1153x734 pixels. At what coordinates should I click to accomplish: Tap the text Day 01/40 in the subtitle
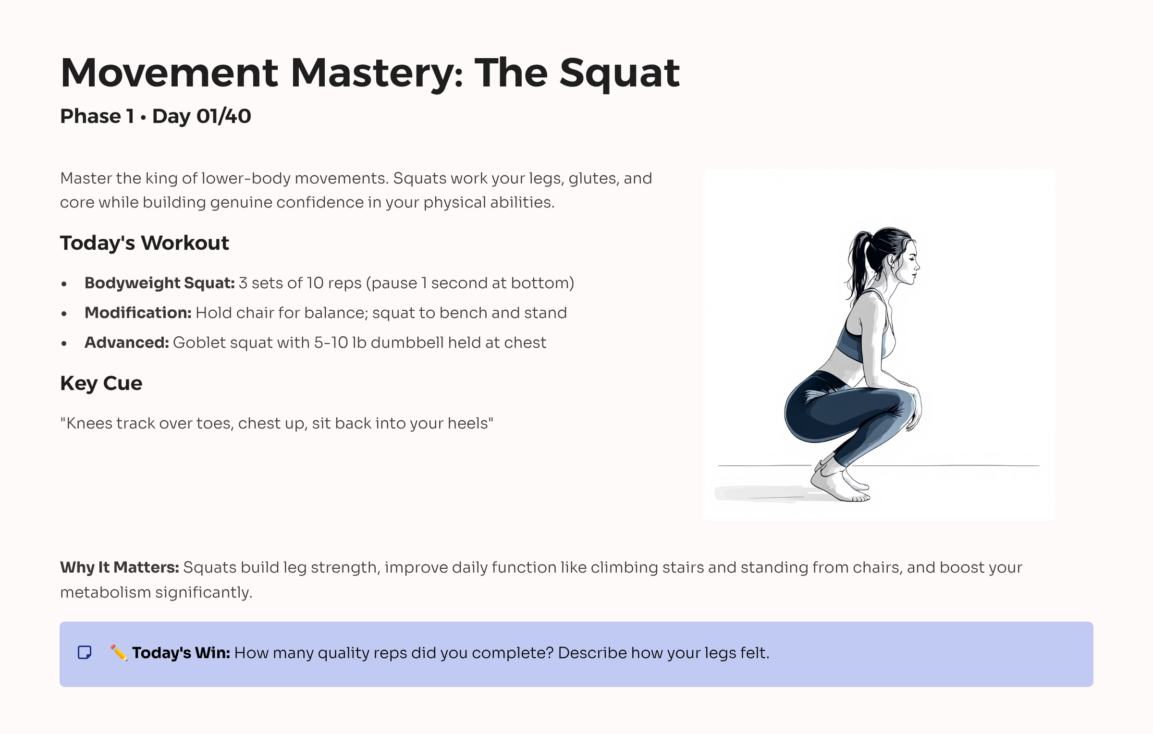[201, 116]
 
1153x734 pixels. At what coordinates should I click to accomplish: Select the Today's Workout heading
[144, 243]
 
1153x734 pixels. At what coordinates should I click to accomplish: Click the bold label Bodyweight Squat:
[159, 283]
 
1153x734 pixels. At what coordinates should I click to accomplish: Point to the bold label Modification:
[138, 313]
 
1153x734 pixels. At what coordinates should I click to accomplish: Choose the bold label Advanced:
[126, 343]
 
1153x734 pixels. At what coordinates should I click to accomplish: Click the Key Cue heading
[101, 383]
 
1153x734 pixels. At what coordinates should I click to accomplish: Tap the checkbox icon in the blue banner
[85, 652]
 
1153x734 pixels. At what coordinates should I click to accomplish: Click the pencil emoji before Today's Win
[119, 652]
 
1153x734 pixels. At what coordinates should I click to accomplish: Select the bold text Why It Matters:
[119, 567]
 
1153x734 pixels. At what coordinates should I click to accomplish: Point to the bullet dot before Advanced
[64, 343]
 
